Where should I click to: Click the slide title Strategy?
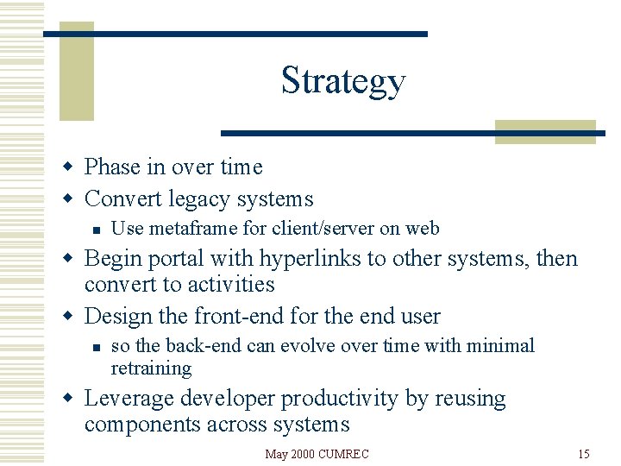pos(342,80)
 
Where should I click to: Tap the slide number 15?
pos(584,454)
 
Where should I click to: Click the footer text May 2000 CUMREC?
pos(317,454)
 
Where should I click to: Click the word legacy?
pos(198,199)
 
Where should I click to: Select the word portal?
pos(178,258)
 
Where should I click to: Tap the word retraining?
pos(151,368)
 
